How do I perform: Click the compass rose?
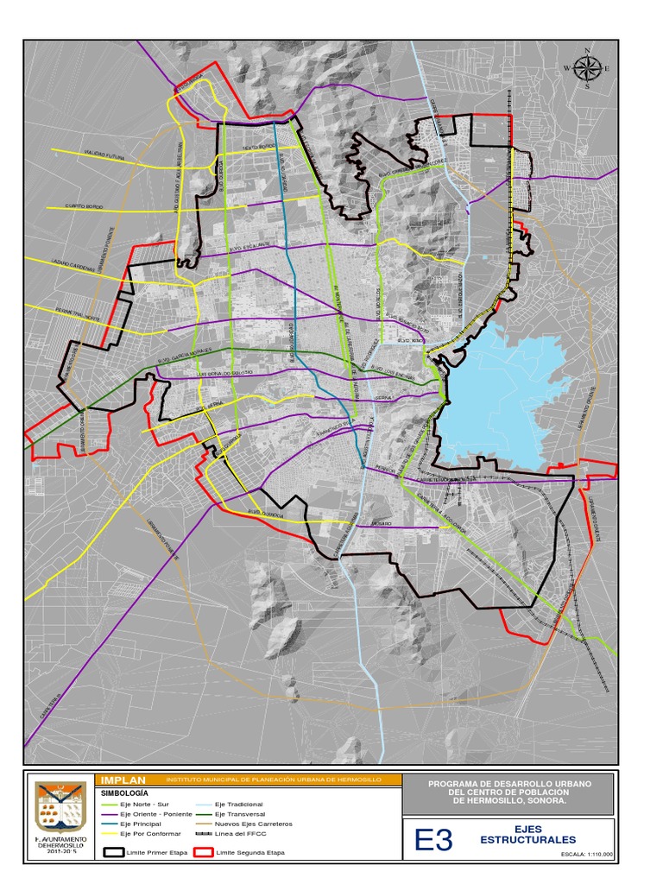click(x=587, y=67)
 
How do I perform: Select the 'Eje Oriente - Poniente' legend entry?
click(x=155, y=814)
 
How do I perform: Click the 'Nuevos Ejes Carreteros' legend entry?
click(x=253, y=824)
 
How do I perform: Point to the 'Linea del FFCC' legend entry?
click(x=241, y=834)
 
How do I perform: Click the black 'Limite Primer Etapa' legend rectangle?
click(x=114, y=852)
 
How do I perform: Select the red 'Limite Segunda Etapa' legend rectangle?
click(x=204, y=852)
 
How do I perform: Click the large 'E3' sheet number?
click(x=433, y=840)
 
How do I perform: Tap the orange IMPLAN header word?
click(x=123, y=780)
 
